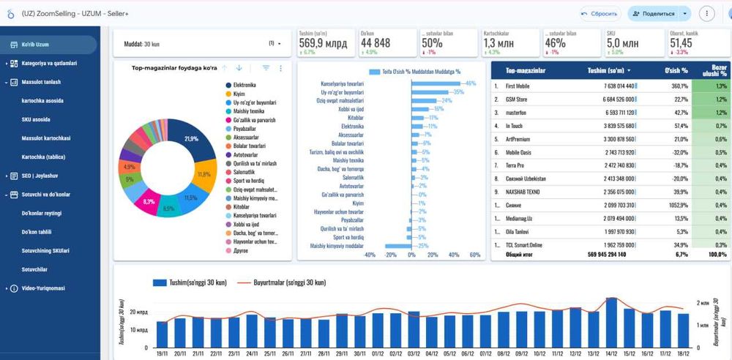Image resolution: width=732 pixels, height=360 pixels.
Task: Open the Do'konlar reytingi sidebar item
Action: coord(41,213)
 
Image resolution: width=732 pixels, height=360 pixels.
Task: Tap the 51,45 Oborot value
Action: coord(681,43)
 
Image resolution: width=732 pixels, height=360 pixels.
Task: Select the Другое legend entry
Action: coord(239,250)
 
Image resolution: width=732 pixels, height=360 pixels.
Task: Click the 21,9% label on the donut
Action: coord(192,138)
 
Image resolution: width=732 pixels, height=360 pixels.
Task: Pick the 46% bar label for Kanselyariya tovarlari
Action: coord(471,83)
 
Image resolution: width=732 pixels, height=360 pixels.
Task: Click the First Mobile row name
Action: coord(518,86)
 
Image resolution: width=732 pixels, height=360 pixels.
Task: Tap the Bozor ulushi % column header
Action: coord(713,70)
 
